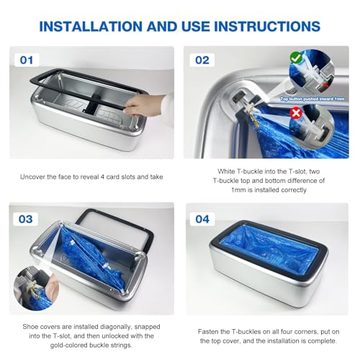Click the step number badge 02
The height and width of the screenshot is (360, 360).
point(203,60)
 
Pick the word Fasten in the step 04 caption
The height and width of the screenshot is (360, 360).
point(211,332)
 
